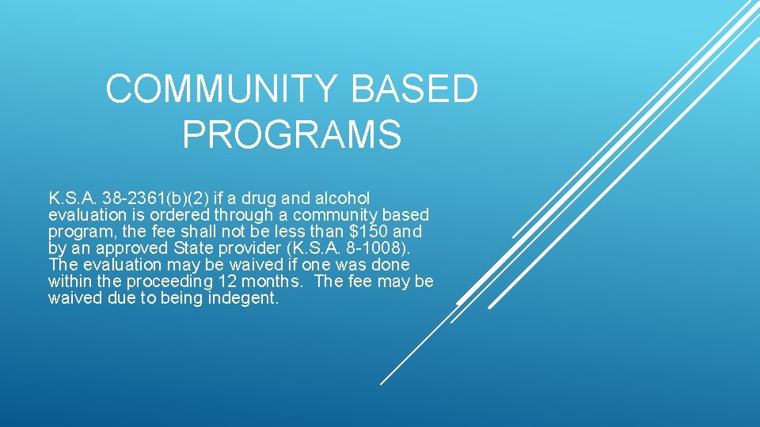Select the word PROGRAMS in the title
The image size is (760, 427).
pyautogui.click(x=291, y=134)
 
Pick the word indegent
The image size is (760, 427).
pyautogui.click(x=244, y=299)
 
